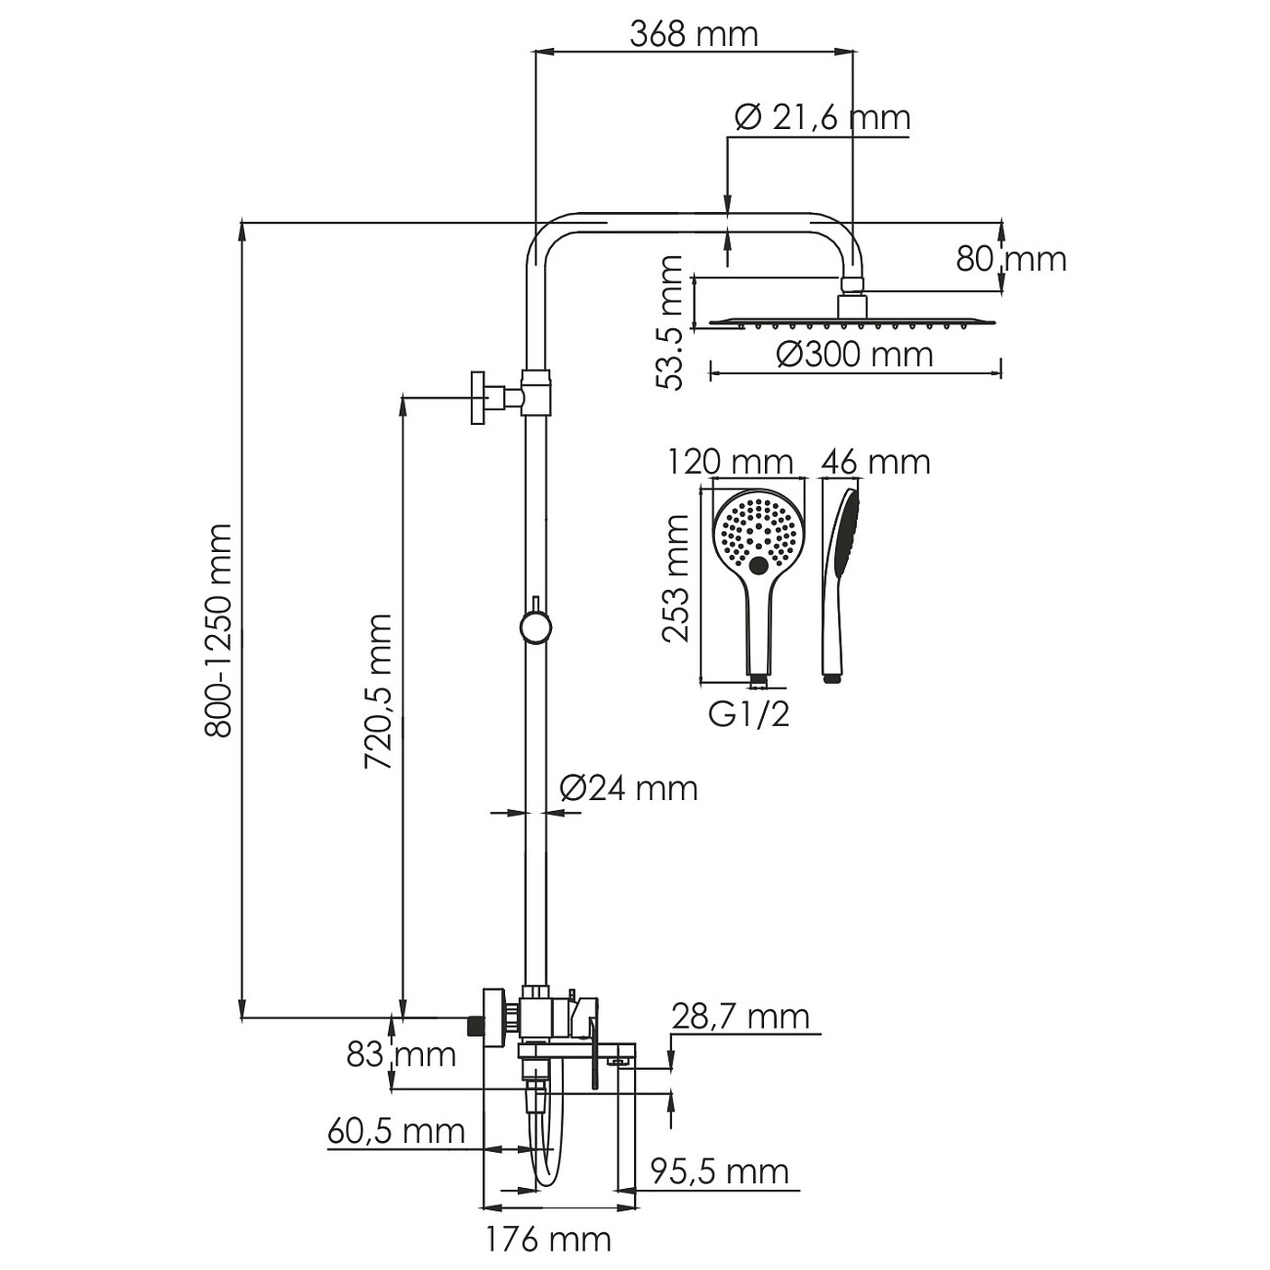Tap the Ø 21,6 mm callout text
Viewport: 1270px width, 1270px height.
tap(823, 118)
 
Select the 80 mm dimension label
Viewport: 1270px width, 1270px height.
tap(1011, 259)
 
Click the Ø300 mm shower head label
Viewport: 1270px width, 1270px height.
tap(855, 356)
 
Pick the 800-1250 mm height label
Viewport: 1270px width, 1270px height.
tap(218, 631)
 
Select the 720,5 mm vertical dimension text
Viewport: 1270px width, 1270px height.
tap(378, 691)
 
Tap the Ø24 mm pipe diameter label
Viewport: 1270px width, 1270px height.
tap(629, 788)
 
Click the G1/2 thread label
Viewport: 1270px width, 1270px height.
tap(749, 714)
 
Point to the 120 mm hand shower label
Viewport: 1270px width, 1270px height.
tap(730, 462)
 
